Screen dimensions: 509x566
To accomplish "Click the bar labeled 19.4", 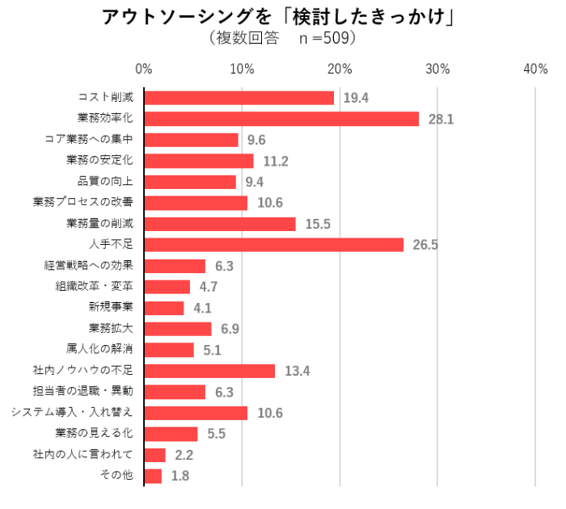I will coord(239,98).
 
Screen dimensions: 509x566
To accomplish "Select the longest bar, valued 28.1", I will coord(282,119).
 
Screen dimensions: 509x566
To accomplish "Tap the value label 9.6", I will coord(256,140).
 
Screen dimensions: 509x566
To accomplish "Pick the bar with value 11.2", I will coord(199,161).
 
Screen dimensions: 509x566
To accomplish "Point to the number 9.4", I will coord(255,182).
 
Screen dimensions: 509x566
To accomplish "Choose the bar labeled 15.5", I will coord(220,224).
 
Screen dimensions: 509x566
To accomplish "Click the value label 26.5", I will coord(424,245).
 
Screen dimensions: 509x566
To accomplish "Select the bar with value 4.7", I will coord(167,287).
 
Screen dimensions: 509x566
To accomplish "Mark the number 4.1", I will coord(202,308).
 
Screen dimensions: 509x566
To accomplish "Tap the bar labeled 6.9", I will coord(178,329).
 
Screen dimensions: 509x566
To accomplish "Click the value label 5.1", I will coord(212,350).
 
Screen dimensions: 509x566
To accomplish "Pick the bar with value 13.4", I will coord(210,371).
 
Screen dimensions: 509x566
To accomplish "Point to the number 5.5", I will coord(216,434).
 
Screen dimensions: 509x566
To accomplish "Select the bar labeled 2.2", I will coord(155,455).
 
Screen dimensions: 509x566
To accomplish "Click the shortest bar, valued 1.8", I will coord(153,476).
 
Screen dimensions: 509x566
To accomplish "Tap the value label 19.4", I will coord(356,98).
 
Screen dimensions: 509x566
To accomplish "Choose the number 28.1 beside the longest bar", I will coord(441,119).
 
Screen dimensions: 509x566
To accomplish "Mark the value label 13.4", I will coord(298,371).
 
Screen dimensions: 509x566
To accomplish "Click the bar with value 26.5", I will coord(274,245).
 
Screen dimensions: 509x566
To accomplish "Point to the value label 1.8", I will coord(180,476).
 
